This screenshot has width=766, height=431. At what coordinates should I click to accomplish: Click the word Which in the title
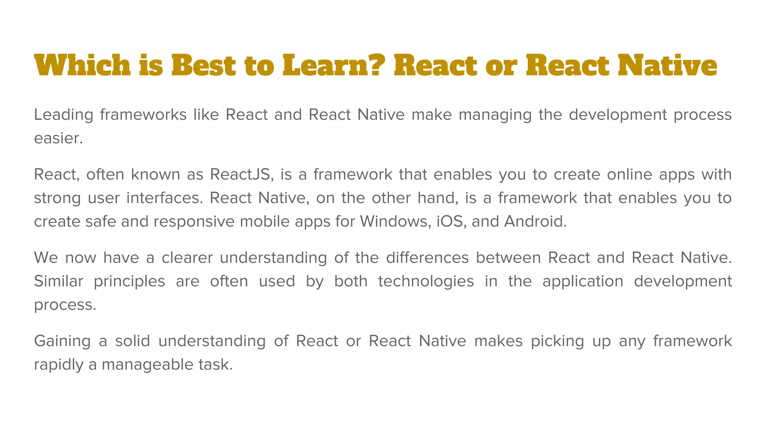click(x=82, y=65)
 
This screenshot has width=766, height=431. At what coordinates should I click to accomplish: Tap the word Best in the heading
click(x=203, y=65)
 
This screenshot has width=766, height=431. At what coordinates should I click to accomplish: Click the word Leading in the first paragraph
click(x=63, y=115)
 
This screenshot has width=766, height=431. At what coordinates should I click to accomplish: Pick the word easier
click(x=58, y=138)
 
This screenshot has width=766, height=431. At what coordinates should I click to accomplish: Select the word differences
click(x=427, y=258)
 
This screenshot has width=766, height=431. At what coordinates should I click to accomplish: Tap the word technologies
click(x=426, y=281)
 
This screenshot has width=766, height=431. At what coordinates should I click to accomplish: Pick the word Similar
click(x=58, y=281)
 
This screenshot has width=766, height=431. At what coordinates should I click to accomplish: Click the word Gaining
click(x=62, y=341)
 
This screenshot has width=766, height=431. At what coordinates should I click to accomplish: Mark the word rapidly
click(x=58, y=365)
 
